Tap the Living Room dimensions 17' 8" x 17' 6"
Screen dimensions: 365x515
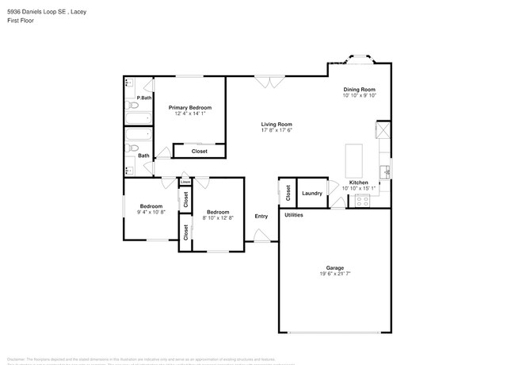(277, 131)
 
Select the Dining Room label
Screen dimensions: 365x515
(359, 89)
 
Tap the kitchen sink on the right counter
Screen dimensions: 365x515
(384, 169)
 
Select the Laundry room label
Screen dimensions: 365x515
(312, 193)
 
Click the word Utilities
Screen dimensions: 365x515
(294, 215)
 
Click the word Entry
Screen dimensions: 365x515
(261, 217)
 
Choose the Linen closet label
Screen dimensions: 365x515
(185, 182)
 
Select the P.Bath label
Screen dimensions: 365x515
(144, 98)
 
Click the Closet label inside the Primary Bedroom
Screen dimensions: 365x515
(200, 151)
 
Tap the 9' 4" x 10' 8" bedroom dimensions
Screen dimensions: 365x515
(151, 213)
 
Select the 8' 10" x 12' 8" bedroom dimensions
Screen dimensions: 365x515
(218, 217)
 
